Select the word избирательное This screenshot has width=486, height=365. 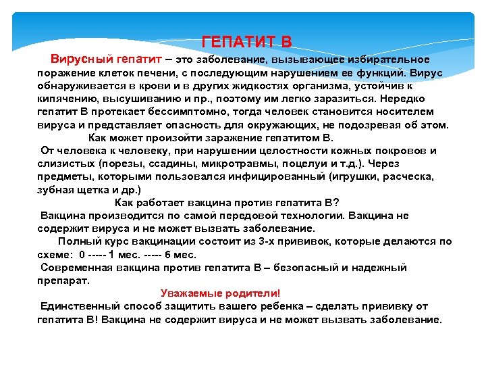[392, 60]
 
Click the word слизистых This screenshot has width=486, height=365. [67, 164]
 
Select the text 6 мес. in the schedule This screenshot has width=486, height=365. [180, 255]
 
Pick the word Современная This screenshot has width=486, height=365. [78, 268]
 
